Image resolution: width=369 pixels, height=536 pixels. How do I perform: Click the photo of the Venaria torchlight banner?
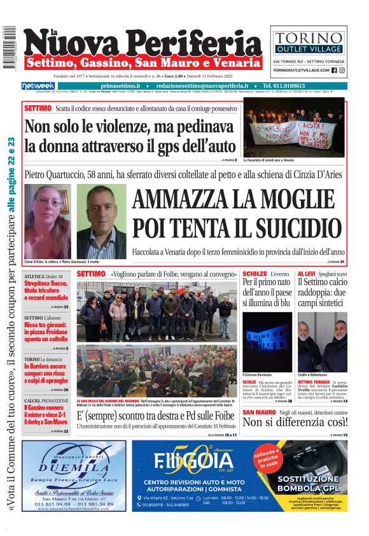pos(294,127)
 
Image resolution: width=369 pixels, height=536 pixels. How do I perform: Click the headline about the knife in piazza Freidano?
pos(46,332)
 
